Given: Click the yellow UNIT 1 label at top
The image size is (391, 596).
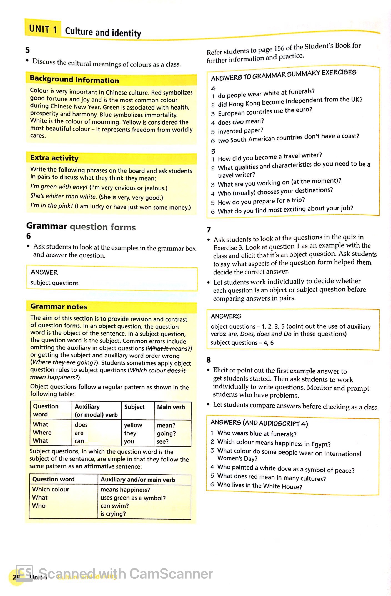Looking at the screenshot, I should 43,29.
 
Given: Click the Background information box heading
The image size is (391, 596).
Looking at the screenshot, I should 74,80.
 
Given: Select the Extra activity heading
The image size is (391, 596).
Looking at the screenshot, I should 54,158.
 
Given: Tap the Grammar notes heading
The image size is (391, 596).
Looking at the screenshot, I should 59,306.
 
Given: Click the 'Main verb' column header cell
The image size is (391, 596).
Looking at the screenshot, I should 171,407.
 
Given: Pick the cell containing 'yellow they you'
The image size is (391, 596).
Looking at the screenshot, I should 133,433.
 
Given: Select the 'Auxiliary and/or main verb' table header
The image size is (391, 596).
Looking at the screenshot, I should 138,480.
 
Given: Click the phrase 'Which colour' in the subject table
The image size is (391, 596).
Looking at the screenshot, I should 51,489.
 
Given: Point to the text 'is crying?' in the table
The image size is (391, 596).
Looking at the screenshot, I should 113,514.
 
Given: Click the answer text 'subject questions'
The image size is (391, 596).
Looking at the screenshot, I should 55,283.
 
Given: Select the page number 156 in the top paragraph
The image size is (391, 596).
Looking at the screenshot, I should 279,48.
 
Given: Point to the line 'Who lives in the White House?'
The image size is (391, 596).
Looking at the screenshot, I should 260,486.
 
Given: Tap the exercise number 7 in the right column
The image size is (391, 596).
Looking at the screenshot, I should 209,230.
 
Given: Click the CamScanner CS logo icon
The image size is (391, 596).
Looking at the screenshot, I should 24,573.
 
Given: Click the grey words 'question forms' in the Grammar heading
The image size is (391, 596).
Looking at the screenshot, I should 102,227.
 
